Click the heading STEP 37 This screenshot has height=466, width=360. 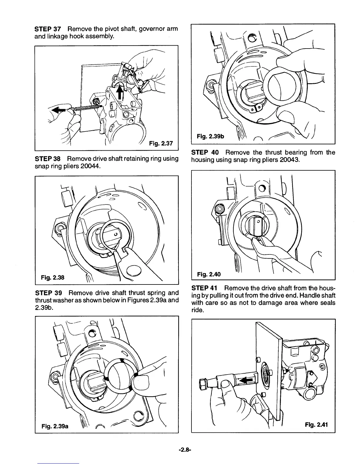tap(48, 29)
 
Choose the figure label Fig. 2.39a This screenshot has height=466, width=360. tap(55, 426)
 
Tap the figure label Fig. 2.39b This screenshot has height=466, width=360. tap(210, 136)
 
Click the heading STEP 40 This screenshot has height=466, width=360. tap(205, 152)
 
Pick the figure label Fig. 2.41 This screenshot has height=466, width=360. tap(316, 425)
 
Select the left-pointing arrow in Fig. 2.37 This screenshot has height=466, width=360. tap(59, 110)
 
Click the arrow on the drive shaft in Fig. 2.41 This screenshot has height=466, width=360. tap(246, 381)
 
